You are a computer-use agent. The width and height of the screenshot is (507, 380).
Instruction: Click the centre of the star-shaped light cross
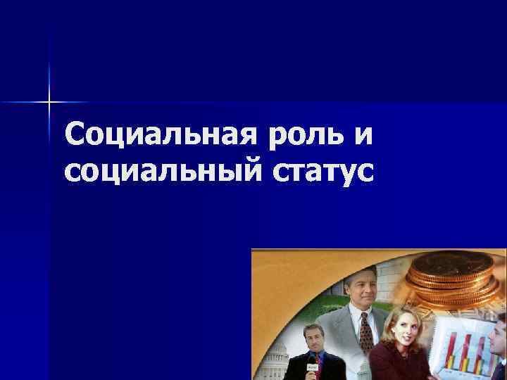(49, 103)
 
